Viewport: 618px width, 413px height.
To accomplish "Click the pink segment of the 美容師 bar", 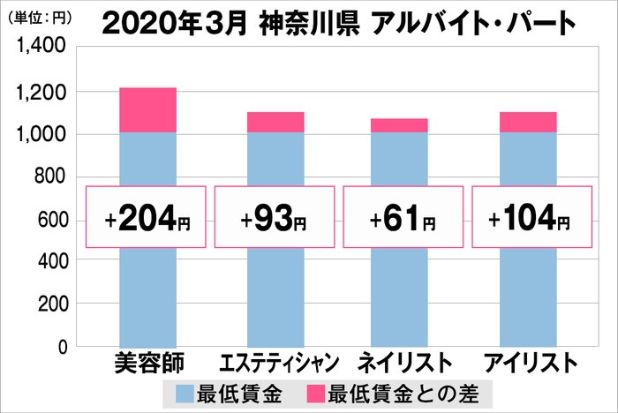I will [147, 110].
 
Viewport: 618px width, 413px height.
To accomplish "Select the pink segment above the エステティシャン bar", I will [275, 122].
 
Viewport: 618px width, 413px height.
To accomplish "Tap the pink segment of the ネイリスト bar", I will [399, 125].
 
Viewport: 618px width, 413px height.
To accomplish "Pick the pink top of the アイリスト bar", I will [528, 122].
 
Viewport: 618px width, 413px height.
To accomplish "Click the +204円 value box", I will [147, 217].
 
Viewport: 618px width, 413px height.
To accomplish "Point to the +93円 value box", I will [275, 217].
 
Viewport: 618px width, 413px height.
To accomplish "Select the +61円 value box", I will [400, 217].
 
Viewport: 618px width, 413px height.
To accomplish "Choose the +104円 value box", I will [529, 217].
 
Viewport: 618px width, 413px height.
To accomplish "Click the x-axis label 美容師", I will [147, 364].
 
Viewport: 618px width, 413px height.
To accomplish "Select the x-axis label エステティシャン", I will [275, 364].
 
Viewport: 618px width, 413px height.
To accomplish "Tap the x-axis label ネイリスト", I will [400, 364].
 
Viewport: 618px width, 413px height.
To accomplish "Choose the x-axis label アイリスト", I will [529, 364].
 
